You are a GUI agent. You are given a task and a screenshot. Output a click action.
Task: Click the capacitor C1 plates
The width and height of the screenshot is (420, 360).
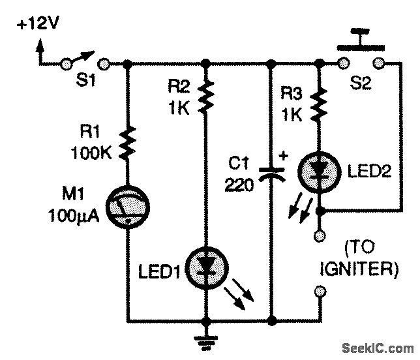[x=270, y=173]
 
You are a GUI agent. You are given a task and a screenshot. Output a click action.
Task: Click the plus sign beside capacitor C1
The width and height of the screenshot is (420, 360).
[x=283, y=156]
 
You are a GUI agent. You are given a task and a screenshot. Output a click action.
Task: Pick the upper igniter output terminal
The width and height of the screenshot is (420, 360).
[x=320, y=235]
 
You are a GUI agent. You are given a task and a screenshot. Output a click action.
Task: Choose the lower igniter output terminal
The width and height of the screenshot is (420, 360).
[x=320, y=291]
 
